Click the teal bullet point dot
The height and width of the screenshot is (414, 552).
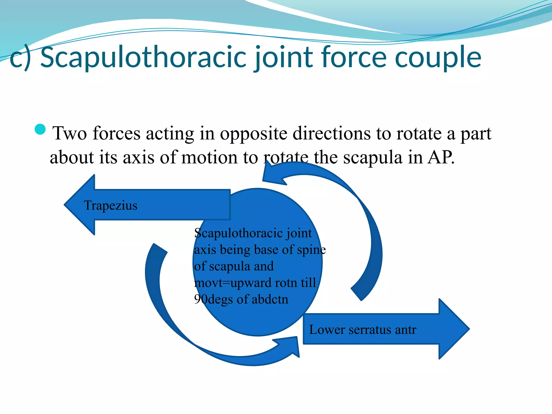coord(40,129)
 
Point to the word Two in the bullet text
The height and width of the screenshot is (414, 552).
coord(70,133)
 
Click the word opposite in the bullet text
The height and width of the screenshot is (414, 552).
coord(254,134)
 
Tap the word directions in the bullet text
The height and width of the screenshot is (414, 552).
coord(332,133)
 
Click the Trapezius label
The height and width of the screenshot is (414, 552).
coord(111,205)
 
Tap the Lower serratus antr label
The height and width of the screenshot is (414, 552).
coord(363,330)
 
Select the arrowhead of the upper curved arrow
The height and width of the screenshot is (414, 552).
coord(272,175)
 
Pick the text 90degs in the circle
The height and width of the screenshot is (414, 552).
coord(213,299)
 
